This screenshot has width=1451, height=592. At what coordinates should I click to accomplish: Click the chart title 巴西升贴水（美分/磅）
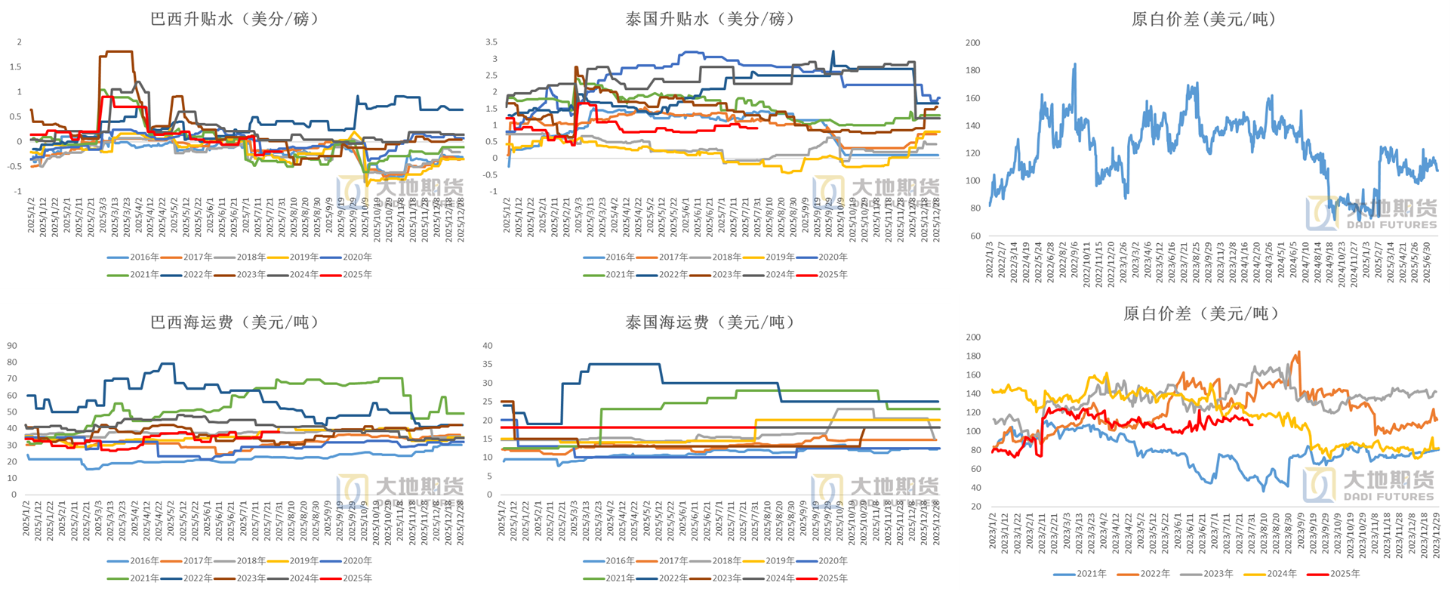pos(234,19)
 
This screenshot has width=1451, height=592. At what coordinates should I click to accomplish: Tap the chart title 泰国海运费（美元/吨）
pos(710,322)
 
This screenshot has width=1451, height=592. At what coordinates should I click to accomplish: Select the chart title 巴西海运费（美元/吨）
pos(234,322)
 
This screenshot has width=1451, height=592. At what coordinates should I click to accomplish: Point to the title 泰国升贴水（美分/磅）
pos(710,19)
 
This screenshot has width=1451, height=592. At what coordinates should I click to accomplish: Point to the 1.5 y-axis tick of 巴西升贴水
pos(16,66)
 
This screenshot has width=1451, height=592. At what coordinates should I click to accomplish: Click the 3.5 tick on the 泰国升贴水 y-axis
pos(491,42)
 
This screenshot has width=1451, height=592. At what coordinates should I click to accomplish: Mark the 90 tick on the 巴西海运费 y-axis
pos(12,345)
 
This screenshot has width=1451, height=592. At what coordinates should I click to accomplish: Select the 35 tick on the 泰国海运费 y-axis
pos(488,364)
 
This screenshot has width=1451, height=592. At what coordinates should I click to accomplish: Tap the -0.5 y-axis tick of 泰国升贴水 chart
pos(490,174)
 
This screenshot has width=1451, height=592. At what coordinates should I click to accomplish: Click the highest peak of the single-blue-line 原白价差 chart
pos(1075,65)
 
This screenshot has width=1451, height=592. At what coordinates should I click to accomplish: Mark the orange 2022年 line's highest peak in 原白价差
pos(1299,352)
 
